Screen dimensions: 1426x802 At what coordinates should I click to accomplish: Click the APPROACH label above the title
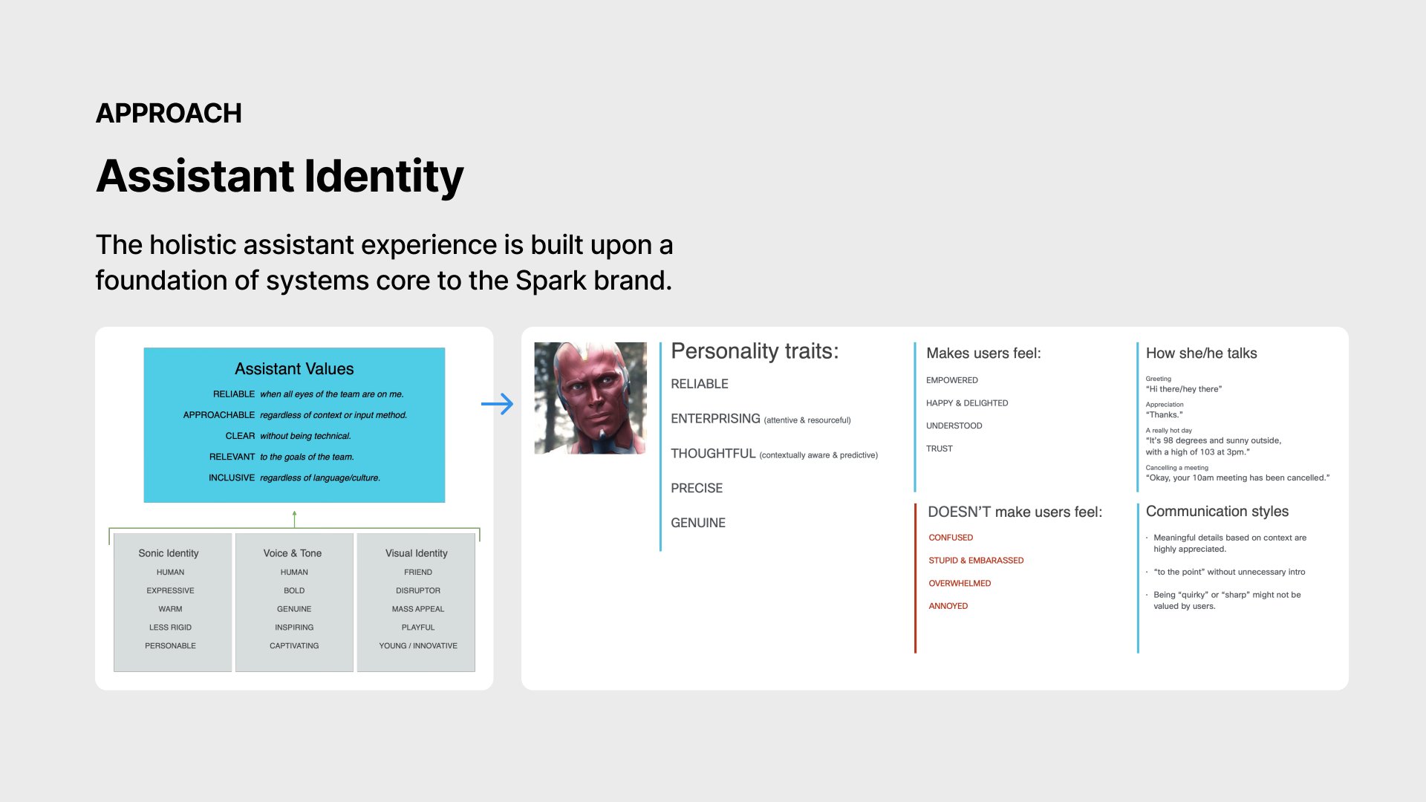pos(169,114)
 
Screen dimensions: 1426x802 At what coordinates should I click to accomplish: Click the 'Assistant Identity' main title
pos(280,177)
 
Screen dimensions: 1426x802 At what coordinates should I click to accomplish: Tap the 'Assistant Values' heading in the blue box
pos(294,369)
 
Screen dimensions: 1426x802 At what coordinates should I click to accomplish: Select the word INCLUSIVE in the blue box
pos(232,478)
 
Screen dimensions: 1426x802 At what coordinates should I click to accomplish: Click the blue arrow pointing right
pos(497,404)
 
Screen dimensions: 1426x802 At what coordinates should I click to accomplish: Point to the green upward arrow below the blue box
pos(295,519)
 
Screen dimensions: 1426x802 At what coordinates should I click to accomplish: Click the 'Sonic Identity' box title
pos(169,553)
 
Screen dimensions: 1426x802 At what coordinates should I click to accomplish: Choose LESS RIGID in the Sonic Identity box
pos(170,627)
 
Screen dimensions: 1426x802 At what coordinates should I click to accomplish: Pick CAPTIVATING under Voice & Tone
pos(294,646)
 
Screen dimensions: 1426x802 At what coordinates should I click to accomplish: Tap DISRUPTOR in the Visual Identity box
pos(418,591)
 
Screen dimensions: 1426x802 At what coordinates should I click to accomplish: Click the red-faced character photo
pos(590,398)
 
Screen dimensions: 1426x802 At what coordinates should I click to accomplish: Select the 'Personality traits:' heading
pos(755,351)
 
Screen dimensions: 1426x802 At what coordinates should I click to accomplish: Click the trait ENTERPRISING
pos(715,419)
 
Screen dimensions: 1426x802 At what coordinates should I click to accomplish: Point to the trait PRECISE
pos(697,489)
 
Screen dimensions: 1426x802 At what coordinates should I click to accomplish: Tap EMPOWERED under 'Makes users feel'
pos(952,380)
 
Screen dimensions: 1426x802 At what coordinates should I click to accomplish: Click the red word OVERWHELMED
pos(960,584)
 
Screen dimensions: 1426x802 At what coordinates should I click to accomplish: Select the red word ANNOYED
pos(948,607)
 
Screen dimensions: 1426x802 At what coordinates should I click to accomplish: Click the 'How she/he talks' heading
pos(1201,353)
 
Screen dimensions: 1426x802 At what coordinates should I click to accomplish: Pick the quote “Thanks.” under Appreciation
pos(1164,415)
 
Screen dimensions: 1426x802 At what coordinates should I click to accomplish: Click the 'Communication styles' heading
pos(1217,512)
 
